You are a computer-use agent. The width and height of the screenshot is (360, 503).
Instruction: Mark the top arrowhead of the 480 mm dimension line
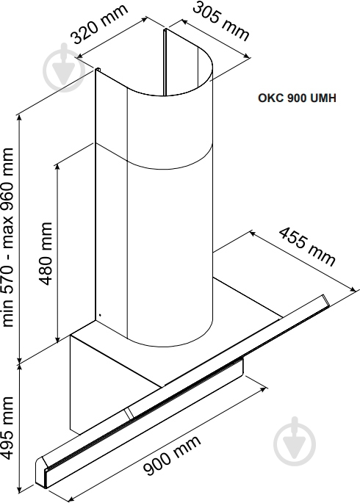tap(58, 164)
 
